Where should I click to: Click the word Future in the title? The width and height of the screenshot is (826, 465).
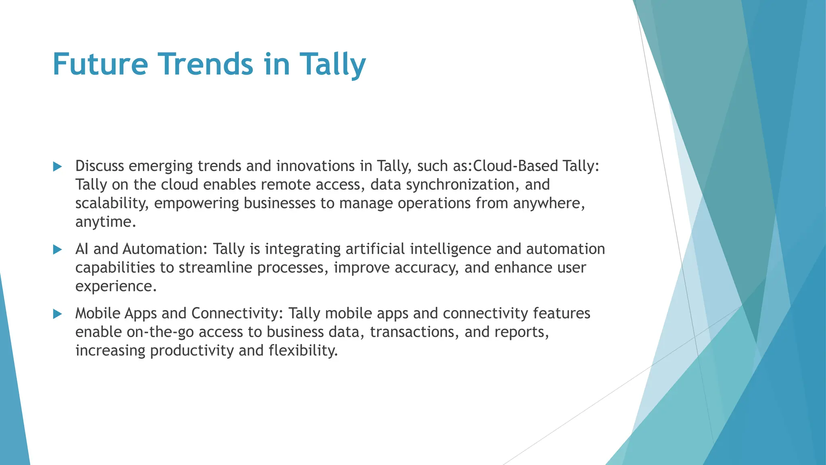tap(100, 65)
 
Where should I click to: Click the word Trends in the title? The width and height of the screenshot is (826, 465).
tap(205, 65)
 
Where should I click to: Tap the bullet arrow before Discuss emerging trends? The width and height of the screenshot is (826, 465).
tap(58, 167)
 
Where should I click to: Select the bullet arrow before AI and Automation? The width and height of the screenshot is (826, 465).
tap(58, 250)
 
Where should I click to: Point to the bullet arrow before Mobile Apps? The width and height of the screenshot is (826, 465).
tap(58, 314)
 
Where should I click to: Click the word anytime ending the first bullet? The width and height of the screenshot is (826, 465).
tap(105, 222)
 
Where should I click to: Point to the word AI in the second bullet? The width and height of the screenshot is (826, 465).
tap(81, 249)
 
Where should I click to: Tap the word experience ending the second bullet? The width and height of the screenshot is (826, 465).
tap(115, 287)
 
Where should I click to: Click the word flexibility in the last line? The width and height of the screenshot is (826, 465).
tap(303, 351)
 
